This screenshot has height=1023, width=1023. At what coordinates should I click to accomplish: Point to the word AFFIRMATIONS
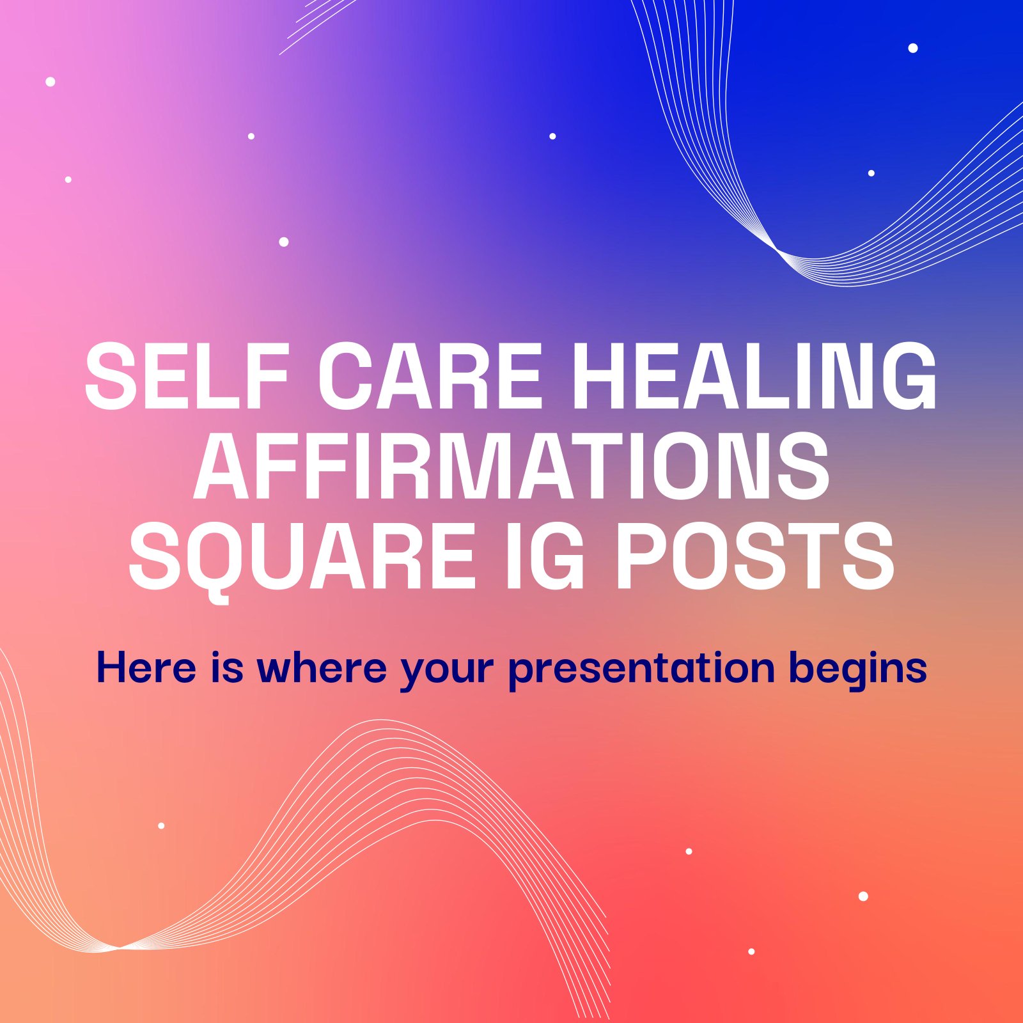pos(511,465)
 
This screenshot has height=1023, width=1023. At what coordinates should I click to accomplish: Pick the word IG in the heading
pos(545,556)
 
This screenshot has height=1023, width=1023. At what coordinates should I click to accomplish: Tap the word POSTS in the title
pos(754,556)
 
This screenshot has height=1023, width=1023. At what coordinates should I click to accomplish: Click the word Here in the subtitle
pos(146,668)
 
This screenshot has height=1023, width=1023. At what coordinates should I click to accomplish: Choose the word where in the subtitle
pos(322,668)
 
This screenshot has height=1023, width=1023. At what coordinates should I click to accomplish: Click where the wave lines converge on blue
pos(777,249)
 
